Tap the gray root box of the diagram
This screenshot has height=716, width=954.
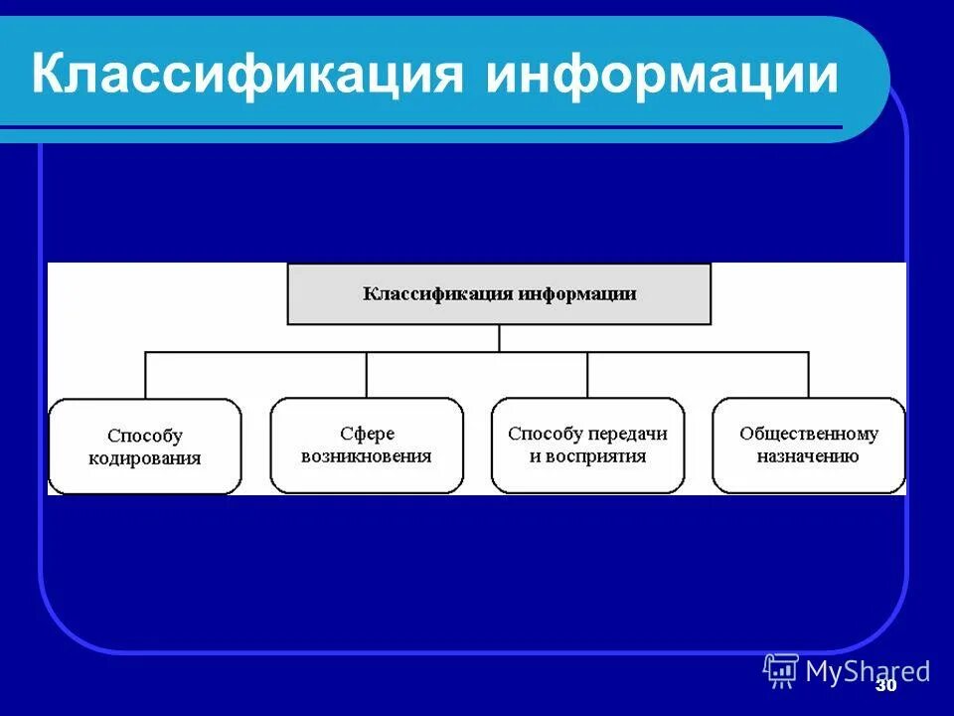click(x=499, y=294)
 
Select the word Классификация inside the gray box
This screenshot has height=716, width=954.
click(x=437, y=294)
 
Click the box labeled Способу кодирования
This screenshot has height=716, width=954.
click(x=145, y=447)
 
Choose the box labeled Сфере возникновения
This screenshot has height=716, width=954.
click(x=367, y=446)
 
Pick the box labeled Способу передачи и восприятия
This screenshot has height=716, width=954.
click(x=587, y=446)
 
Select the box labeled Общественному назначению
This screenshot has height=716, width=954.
click(x=809, y=446)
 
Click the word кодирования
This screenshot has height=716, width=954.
click(x=145, y=458)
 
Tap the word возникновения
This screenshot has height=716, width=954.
click(x=367, y=456)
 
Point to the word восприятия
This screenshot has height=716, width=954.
click(x=601, y=456)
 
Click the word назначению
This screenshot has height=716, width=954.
click(x=809, y=456)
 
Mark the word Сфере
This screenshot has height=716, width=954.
click(x=367, y=434)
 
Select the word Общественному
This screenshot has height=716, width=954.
click(x=809, y=434)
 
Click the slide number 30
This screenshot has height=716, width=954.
click(x=886, y=686)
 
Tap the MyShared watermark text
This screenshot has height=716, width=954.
click(x=868, y=671)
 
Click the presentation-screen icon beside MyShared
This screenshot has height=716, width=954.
click(x=781, y=670)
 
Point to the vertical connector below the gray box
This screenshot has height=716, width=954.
click(x=499, y=338)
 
